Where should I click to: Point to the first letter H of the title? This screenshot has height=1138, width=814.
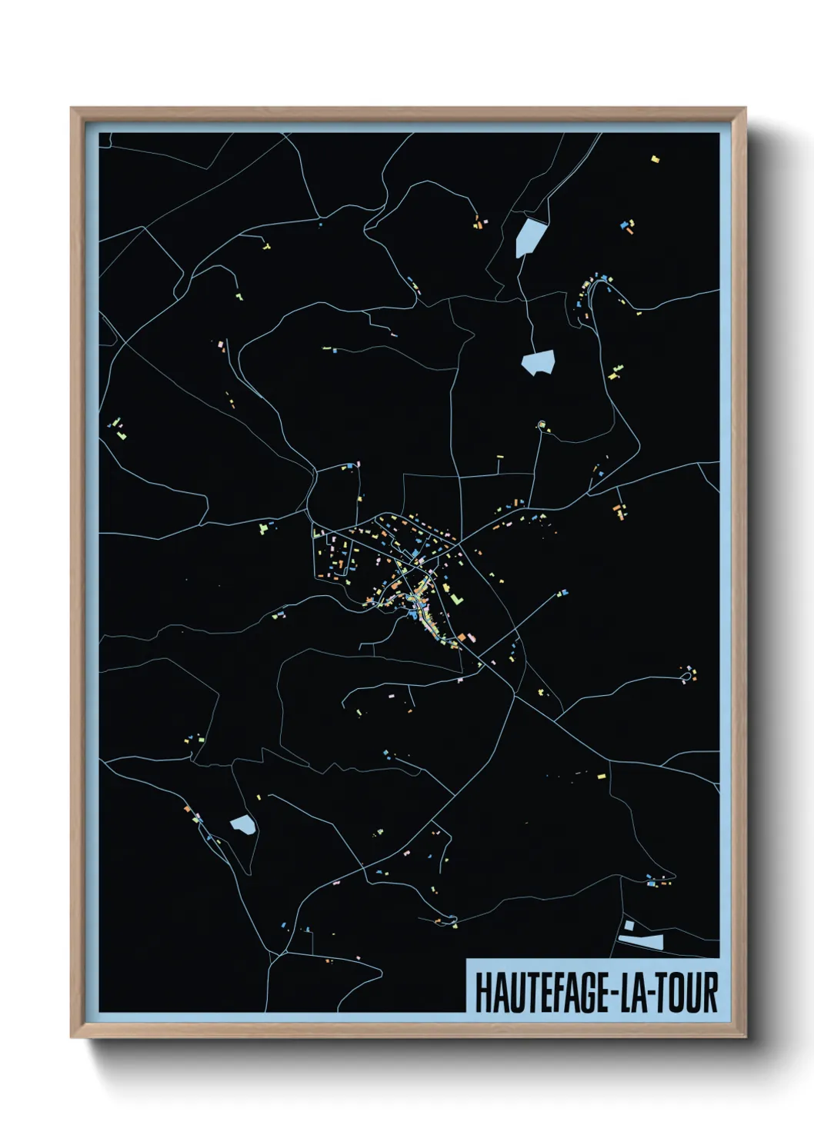coord(482,993)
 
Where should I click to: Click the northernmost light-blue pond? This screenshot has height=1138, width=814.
coord(529,236)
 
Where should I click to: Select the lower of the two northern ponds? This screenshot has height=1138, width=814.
coord(538,362)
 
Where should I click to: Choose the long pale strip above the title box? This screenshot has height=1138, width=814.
coord(642,940)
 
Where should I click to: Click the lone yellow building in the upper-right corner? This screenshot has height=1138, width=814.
coord(655,159)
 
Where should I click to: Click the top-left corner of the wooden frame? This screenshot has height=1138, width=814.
coord(72,108)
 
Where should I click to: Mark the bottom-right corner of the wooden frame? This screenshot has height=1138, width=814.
coord(746,1037)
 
